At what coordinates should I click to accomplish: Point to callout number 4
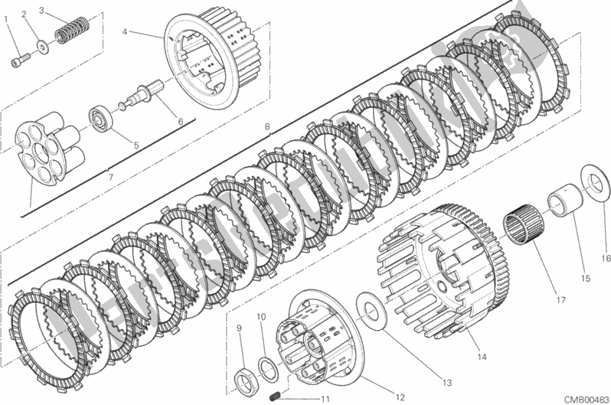[x=124, y=32]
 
